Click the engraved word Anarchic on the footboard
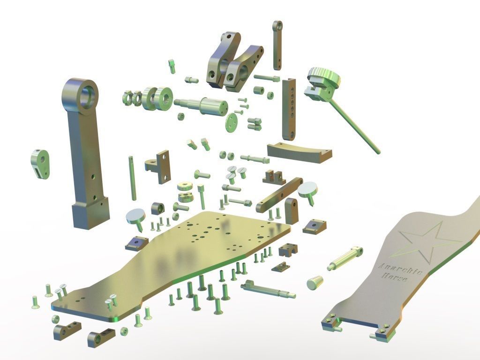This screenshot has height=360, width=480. [x=400, y=269]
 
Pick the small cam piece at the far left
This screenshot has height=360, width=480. [x=40, y=164]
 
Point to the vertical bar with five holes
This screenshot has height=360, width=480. [x=289, y=109]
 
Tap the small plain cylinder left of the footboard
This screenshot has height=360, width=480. [x=315, y=283]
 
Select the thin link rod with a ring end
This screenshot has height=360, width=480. [x=277, y=45]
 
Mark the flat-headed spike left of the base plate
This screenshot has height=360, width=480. [x=136, y=219]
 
